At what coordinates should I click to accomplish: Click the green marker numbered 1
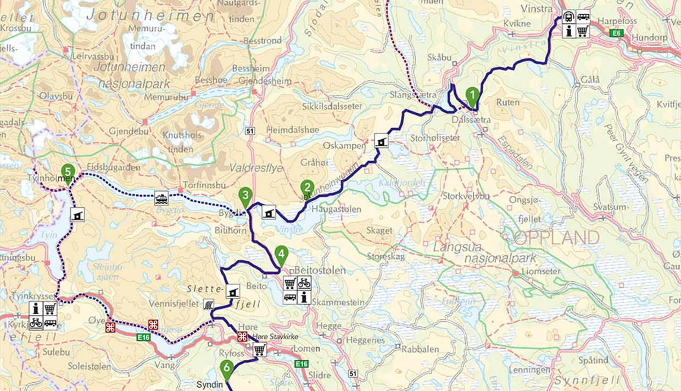(x=471, y=96)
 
